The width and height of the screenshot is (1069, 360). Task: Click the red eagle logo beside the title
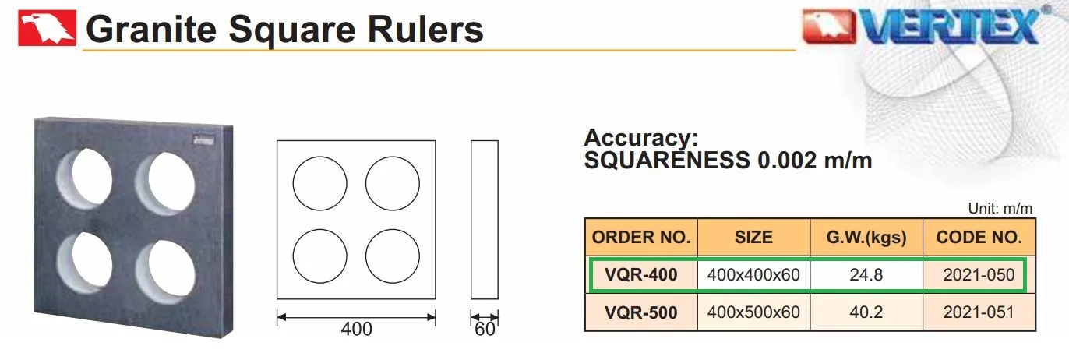click(47, 28)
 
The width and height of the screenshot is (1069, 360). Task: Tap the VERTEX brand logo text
click(950, 26)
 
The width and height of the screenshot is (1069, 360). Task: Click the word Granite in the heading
click(151, 29)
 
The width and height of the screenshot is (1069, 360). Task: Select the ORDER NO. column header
click(641, 237)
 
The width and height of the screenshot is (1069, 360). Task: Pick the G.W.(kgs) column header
click(866, 237)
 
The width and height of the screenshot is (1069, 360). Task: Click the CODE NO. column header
click(979, 237)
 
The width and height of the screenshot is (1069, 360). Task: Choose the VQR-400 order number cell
click(641, 274)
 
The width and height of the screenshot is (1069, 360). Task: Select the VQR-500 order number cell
click(641, 312)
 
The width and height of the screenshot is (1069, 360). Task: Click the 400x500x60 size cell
click(753, 312)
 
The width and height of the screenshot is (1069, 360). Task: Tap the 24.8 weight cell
click(866, 274)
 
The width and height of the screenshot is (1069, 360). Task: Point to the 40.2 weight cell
click(866, 312)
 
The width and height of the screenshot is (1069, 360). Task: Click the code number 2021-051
click(979, 312)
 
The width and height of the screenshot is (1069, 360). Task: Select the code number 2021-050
click(979, 274)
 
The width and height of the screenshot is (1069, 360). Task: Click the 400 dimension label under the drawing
click(357, 329)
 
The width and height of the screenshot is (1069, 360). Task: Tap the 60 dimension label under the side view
click(485, 329)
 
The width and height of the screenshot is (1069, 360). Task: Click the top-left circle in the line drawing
click(319, 157)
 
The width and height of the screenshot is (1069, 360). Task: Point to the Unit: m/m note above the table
click(1000, 208)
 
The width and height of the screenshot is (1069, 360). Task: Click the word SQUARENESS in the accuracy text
click(667, 161)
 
